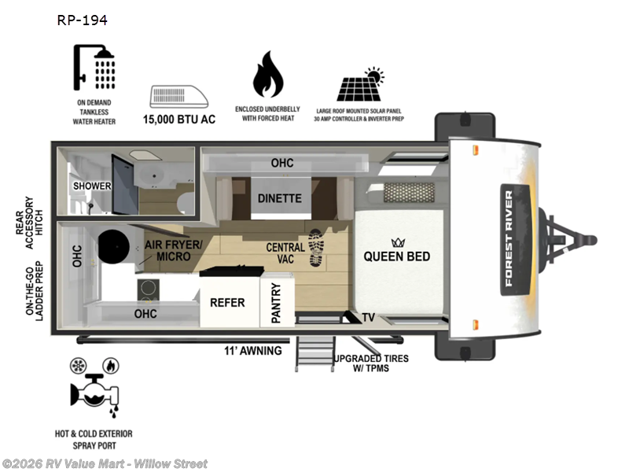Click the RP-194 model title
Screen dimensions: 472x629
click(82, 20)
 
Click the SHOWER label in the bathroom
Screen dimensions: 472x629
click(92, 186)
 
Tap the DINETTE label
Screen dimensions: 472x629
click(280, 198)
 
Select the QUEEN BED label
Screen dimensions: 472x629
click(397, 256)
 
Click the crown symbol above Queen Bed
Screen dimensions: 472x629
click(396, 242)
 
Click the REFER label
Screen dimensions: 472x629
click(227, 302)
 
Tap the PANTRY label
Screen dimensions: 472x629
click(276, 304)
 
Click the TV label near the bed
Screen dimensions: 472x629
click(368, 318)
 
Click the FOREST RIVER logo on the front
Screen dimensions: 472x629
click(520, 241)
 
